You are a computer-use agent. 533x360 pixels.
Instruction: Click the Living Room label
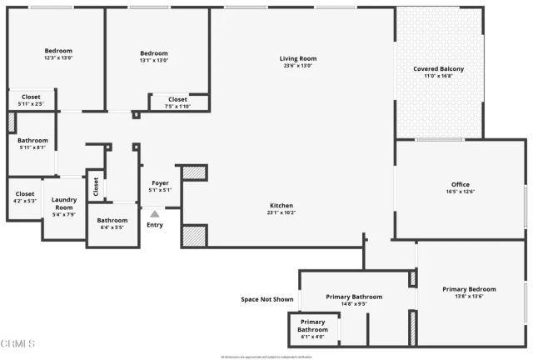pos(297,58)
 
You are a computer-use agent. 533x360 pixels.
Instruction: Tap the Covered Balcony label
pos(439,68)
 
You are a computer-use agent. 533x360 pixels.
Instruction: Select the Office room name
pos(461,184)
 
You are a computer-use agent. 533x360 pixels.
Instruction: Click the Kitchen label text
pos(281,205)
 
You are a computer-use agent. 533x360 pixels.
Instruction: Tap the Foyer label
pos(161,182)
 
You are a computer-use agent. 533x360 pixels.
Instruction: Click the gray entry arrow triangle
pos(154,215)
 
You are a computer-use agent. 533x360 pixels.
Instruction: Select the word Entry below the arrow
pos(155,224)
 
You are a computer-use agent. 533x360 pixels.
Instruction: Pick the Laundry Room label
pos(64,202)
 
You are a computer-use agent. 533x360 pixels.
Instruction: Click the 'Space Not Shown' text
pos(266,298)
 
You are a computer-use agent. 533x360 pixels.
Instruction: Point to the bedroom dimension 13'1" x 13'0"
pos(154,61)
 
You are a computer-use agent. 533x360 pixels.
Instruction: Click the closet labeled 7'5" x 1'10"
pos(177,106)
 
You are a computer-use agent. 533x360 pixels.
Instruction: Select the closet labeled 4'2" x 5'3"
pos(25,201)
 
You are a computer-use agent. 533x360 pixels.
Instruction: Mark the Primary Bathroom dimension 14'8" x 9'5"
pos(354,304)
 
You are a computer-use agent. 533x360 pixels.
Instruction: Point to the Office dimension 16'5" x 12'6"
pos(461,192)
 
